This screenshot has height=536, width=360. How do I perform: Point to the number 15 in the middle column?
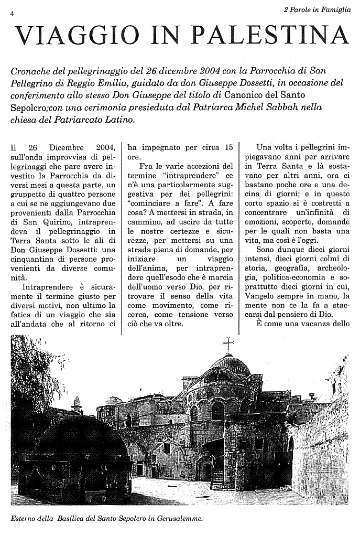point(227,147)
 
